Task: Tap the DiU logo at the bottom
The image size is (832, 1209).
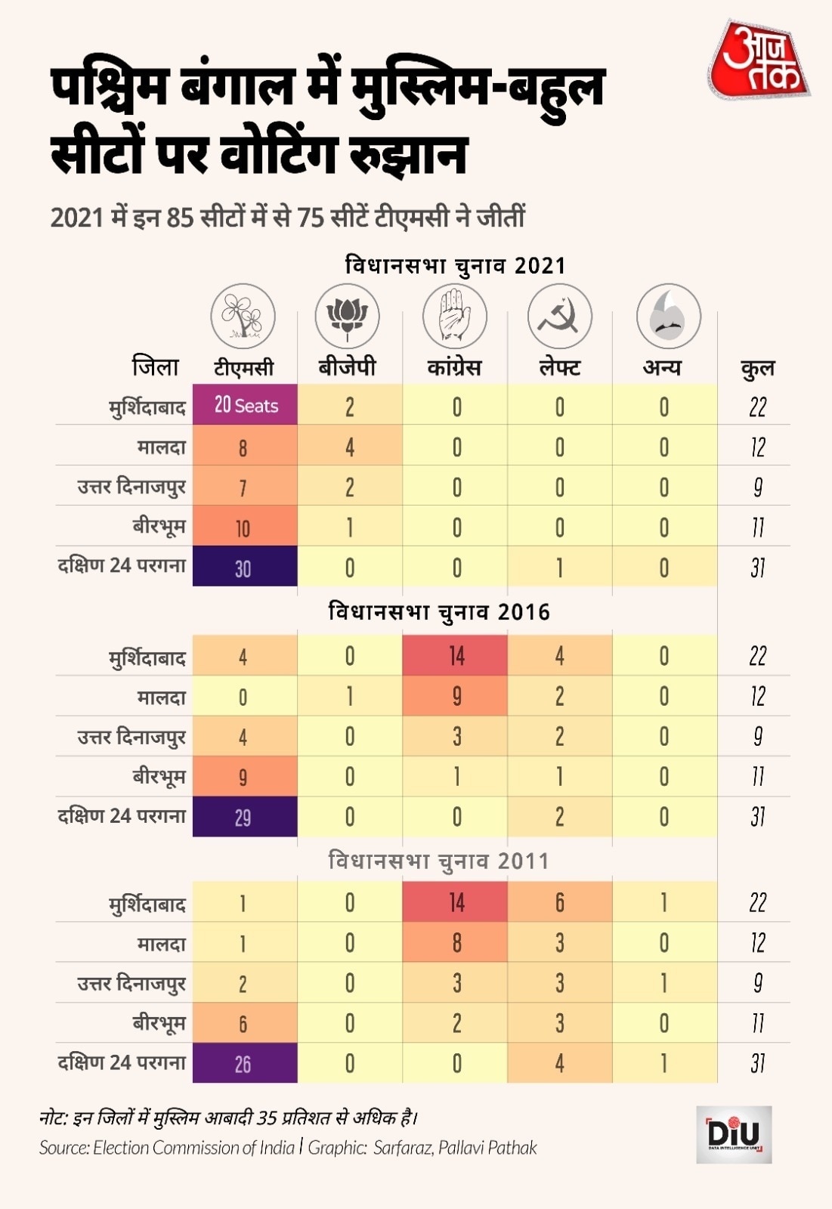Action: coord(733,1133)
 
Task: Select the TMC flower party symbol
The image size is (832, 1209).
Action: coord(243,316)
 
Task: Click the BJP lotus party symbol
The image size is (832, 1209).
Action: coord(347,316)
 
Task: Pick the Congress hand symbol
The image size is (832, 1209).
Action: coord(454,316)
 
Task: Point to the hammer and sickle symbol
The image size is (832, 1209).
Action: coord(559,316)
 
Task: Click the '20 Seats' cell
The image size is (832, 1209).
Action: coord(246,406)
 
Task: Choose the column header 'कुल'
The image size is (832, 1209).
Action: coord(757,368)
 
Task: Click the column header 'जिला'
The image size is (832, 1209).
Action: coord(156,366)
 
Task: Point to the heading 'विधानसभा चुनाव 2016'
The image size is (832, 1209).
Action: coord(438,611)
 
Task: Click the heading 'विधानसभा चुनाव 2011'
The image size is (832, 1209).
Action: coord(438,861)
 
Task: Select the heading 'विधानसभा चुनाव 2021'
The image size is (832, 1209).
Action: coord(455,265)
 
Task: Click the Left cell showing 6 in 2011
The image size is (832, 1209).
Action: coord(559,902)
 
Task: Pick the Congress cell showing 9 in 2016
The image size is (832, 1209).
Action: coord(456,696)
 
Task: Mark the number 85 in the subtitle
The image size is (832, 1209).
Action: coord(180,218)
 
